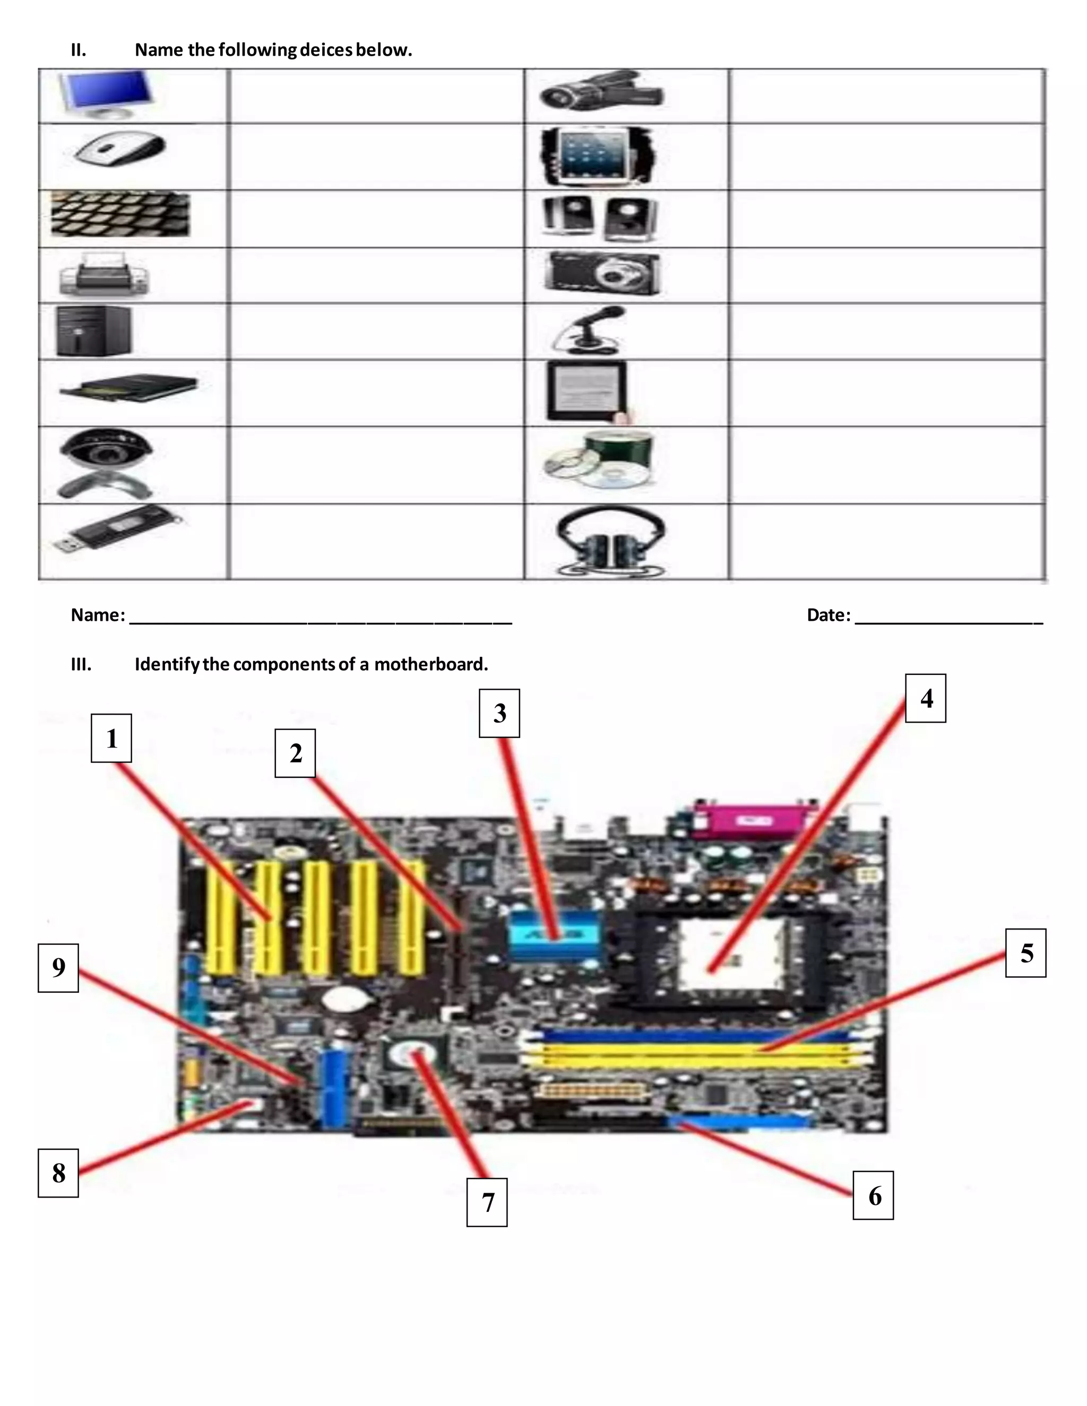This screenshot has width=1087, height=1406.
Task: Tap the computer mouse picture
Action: tap(120, 149)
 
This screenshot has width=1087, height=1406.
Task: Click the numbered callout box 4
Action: tap(925, 699)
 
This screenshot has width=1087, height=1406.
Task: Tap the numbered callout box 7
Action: tap(487, 1202)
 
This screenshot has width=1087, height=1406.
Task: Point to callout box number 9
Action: tap(58, 968)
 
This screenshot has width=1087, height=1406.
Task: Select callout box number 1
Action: tap(111, 739)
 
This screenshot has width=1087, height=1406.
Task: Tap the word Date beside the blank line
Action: tap(827, 615)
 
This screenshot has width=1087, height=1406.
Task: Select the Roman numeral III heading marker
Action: tap(81, 664)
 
